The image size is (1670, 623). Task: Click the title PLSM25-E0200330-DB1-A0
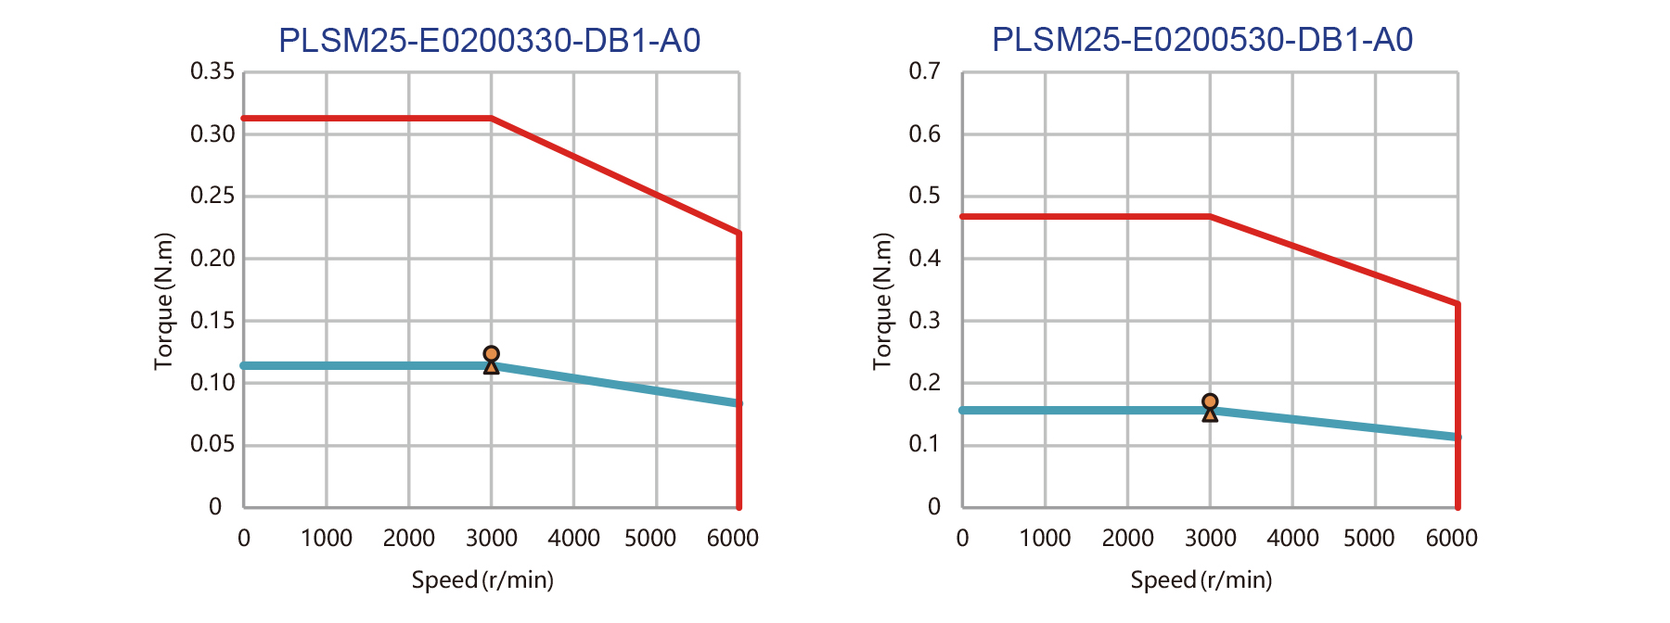point(489,41)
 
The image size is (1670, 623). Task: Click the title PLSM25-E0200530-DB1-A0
point(1202,40)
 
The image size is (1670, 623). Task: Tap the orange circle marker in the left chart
point(491,354)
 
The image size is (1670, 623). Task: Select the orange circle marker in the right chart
point(1210,401)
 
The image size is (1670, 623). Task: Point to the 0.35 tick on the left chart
point(212,71)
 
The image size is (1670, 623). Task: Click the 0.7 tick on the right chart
point(924,71)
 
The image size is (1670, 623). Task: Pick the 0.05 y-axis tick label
point(212,444)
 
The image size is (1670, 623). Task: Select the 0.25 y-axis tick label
point(212,196)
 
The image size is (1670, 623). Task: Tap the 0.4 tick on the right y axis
point(924,258)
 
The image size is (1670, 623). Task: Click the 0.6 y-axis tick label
point(924,133)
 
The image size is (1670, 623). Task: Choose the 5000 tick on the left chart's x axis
point(649,538)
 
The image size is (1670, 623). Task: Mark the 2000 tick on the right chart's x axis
point(1127,538)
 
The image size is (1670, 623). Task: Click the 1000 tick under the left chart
point(326,538)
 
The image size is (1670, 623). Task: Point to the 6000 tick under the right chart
point(1451,538)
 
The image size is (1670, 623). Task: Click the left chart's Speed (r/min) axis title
point(482,580)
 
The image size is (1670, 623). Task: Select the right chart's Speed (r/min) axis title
point(1201,580)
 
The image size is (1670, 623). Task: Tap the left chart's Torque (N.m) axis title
point(164,301)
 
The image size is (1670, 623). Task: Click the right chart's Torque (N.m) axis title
point(882,301)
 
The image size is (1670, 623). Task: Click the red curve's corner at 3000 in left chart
point(491,119)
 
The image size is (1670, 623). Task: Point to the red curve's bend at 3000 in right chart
point(1210,216)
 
